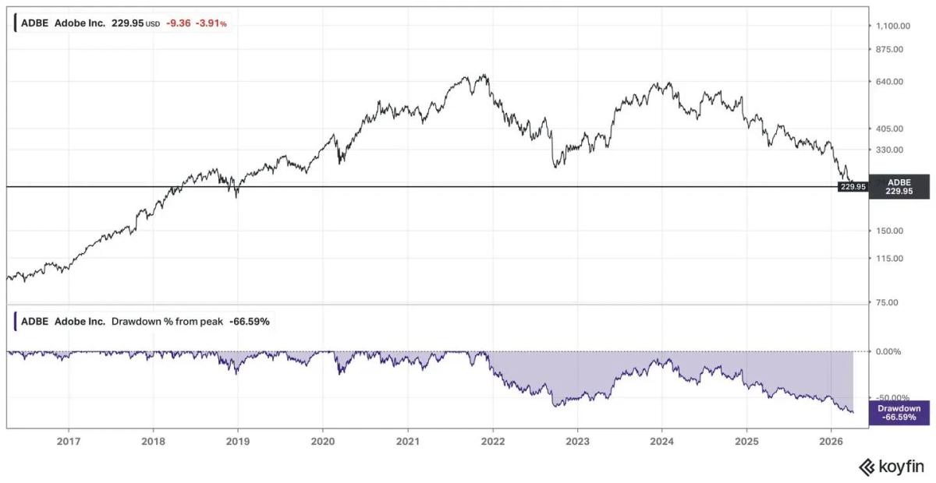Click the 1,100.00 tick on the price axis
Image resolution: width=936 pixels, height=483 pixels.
(x=895, y=26)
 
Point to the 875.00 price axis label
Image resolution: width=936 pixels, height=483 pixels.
(x=891, y=49)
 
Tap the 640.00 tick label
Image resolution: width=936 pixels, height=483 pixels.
(x=891, y=82)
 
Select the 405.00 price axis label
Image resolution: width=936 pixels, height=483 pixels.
(x=891, y=129)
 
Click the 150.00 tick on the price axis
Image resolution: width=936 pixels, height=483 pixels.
(x=891, y=231)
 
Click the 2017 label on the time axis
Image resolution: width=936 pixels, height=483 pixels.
(x=69, y=440)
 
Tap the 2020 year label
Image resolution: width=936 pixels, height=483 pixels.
(x=323, y=440)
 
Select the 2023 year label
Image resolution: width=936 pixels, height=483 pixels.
(x=577, y=440)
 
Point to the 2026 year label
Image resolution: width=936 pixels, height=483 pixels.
(x=831, y=440)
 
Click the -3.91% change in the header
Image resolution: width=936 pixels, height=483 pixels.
(x=212, y=24)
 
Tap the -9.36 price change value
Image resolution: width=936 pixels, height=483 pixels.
(x=177, y=24)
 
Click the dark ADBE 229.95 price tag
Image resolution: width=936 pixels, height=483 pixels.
(x=899, y=186)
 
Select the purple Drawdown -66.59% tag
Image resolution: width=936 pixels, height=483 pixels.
(x=899, y=413)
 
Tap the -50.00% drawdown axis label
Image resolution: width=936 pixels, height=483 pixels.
(x=892, y=397)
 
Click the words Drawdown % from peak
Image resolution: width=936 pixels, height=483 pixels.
(x=167, y=321)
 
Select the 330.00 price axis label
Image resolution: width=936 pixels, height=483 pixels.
(x=891, y=150)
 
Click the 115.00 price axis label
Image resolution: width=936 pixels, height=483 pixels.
(x=891, y=259)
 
